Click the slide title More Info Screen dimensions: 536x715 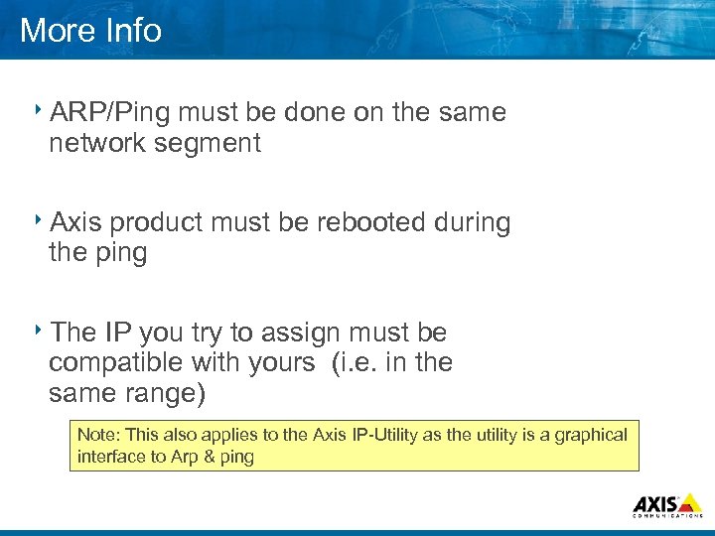(x=90, y=30)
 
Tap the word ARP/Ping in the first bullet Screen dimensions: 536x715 (x=110, y=113)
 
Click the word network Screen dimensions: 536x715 (x=97, y=144)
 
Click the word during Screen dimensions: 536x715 (x=473, y=222)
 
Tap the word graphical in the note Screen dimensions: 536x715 (x=591, y=435)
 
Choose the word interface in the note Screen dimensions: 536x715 (x=107, y=457)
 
